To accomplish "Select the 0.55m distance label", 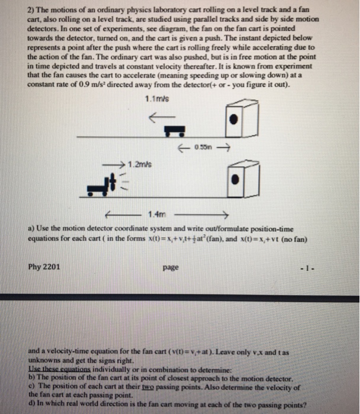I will point(197,147).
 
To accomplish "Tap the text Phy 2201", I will point(44,267).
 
